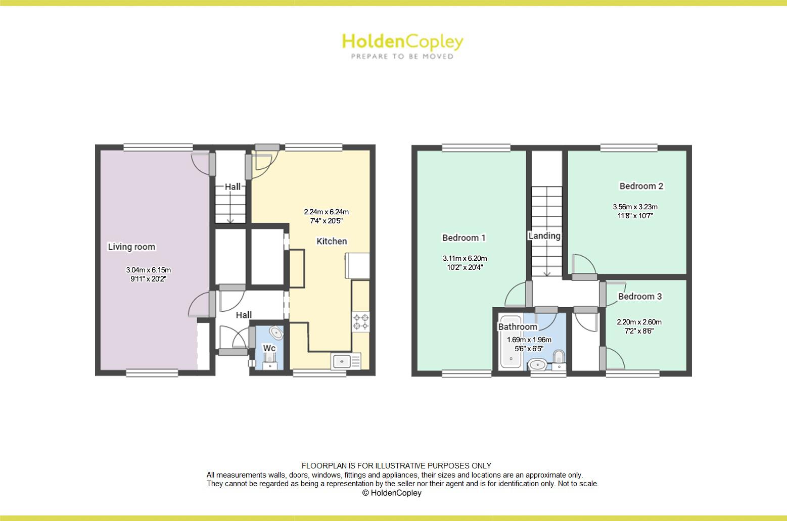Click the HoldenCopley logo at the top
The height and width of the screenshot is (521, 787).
402,41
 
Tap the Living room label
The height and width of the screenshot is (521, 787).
131,247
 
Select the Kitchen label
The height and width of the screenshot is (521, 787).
332,241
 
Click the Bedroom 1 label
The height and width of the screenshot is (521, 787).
464,238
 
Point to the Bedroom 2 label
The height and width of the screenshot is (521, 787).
641,186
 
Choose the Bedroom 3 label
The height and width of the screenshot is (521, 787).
639,296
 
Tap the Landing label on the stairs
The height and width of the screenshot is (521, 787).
544,235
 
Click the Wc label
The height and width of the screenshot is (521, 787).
269,348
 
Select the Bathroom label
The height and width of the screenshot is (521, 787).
518,326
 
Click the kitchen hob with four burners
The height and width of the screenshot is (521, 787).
361,322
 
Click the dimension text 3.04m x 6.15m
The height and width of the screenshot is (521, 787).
149,270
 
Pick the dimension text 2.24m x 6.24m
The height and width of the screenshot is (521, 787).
326,212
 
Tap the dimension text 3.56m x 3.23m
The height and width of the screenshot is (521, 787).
635,207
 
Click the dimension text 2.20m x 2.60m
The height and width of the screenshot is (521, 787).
639,322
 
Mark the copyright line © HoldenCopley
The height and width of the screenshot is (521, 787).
392,493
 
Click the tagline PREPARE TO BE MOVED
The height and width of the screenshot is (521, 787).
402,57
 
